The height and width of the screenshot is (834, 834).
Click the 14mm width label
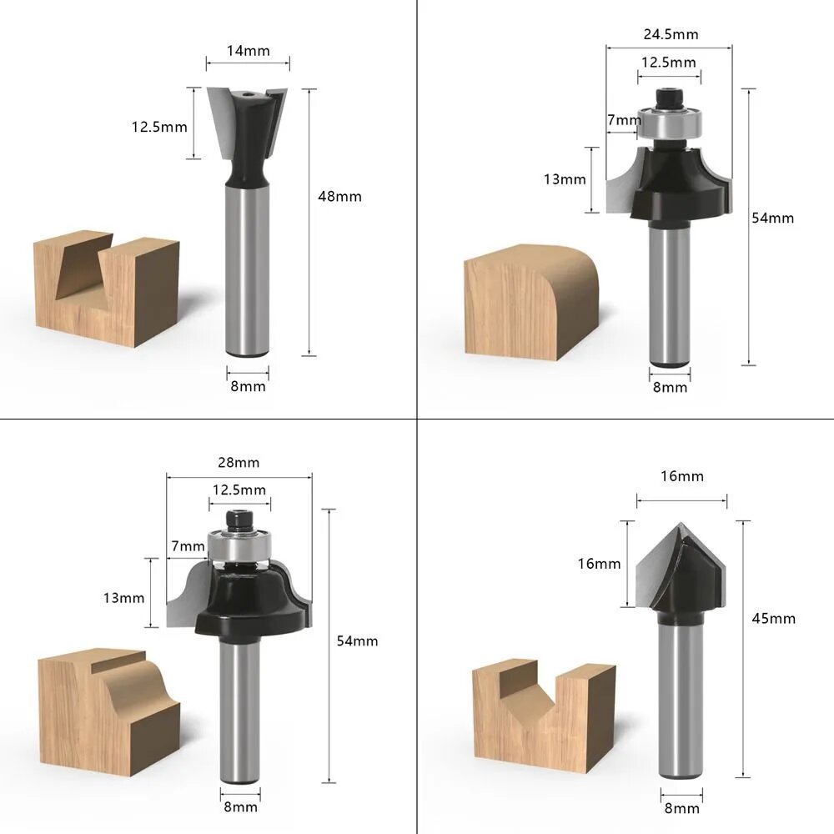click(x=248, y=51)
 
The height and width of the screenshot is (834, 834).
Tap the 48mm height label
click(x=340, y=197)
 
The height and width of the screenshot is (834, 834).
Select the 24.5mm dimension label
click(x=671, y=34)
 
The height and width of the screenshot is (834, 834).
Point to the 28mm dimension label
click(x=239, y=463)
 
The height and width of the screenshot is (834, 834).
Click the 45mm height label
click(x=774, y=619)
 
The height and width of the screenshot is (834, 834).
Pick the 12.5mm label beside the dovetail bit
click(x=159, y=127)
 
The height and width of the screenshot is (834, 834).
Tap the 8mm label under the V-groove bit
click(x=682, y=809)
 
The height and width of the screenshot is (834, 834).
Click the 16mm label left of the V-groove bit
click(x=600, y=564)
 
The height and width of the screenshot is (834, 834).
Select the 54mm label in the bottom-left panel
click(x=358, y=641)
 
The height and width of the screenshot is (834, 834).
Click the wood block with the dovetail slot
click(x=107, y=288)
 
